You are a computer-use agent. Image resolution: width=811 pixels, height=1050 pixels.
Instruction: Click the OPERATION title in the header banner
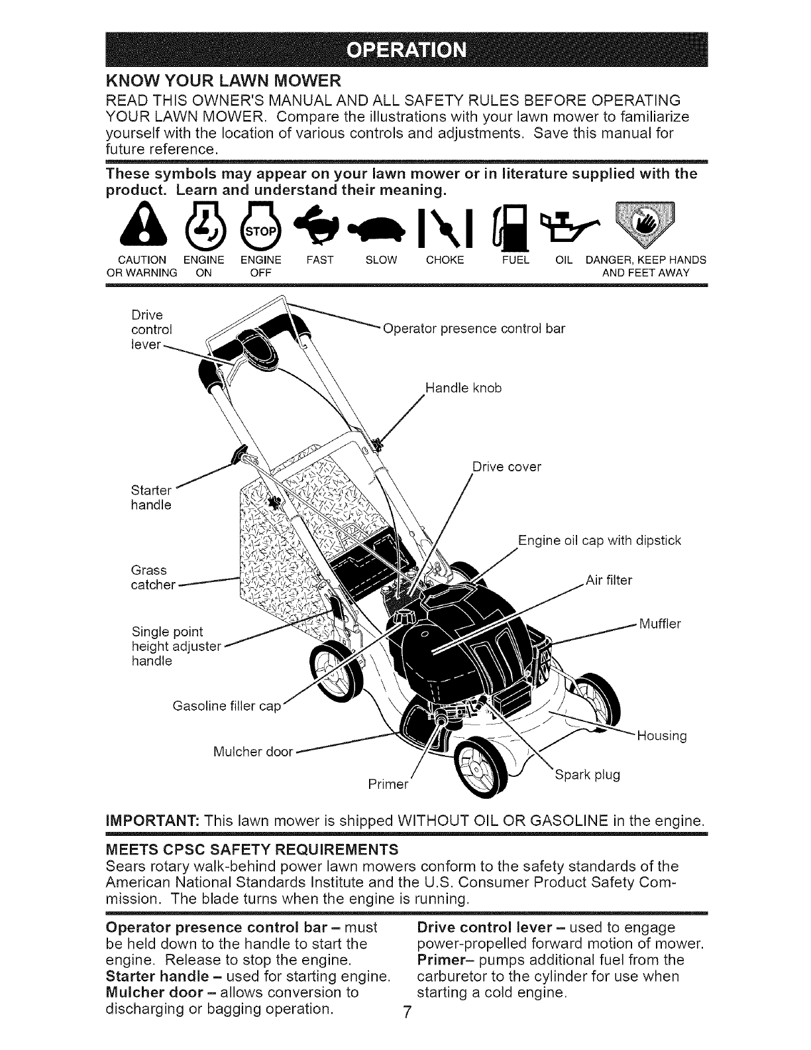[407, 50]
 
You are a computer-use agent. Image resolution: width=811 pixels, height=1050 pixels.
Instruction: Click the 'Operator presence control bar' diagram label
[474, 329]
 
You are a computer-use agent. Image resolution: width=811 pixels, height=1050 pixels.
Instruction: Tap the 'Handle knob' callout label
[463, 388]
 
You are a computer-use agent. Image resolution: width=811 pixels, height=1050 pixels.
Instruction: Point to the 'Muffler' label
[660, 624]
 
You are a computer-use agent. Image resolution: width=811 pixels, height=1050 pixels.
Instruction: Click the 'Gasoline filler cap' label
[227, 706]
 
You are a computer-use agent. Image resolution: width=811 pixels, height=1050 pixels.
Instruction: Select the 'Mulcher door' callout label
[253, 752]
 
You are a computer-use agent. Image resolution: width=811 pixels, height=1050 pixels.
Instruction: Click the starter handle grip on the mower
[240, 454]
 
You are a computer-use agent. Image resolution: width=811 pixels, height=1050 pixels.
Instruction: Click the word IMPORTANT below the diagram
[152, 821]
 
